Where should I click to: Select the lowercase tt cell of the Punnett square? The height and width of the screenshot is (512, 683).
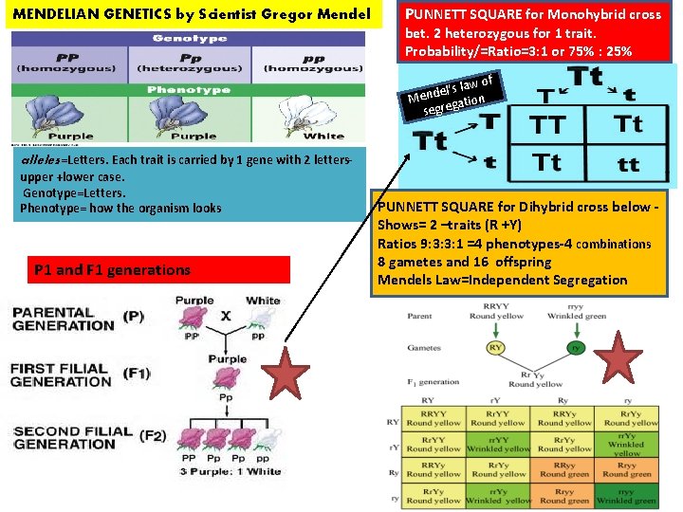628,162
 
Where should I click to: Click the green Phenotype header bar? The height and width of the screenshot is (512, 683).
191,90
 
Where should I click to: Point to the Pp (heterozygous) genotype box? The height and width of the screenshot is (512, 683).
190,63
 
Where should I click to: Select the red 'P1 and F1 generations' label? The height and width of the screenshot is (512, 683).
113,270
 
